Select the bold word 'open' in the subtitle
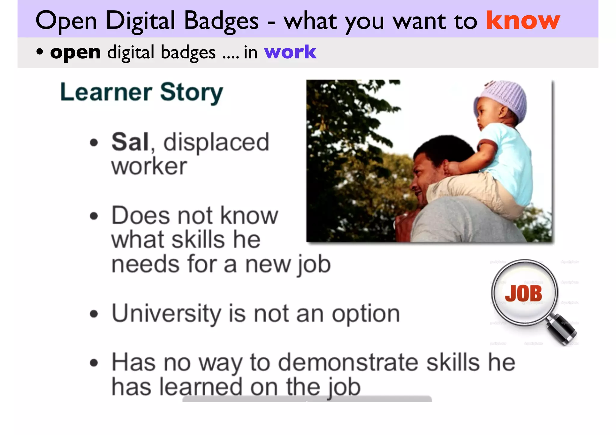point(75,52)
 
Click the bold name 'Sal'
point(130,142)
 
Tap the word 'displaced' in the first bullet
point(216,142)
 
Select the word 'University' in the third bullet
point(166,313)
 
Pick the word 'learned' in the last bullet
point(201,387)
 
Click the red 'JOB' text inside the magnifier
point(524,293)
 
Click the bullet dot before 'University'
point(94,314)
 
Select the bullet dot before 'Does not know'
point(94,216)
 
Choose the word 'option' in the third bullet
point(366,314)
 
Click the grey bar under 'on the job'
point(307,399)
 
